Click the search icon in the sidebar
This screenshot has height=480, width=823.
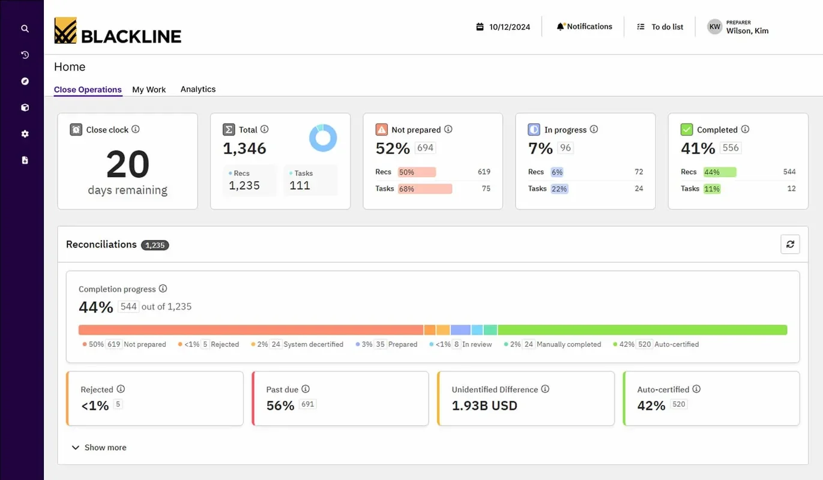click(25, 28)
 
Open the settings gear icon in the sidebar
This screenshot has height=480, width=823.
click(25, 134)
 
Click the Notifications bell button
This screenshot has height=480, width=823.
click(584, 26)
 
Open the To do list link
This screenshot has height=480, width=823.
click(660, 27)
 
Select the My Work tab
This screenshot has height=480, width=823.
click(149, 89)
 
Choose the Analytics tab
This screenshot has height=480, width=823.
click(198, 89)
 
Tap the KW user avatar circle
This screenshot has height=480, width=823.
click(714, 26)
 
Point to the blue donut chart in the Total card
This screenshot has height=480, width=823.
click(323, 138)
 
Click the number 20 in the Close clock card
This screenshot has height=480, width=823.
click(127, 164)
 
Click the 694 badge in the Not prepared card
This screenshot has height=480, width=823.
click(425, 148)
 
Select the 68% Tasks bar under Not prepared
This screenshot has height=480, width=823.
click(424, 188)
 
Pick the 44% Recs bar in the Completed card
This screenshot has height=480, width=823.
click(720, 172)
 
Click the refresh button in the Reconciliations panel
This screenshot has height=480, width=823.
click(790, 244)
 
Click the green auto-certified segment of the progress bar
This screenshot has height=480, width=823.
click(642, 330)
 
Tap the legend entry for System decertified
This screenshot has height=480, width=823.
click(297, 344)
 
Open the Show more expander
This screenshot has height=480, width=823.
click(99, 448)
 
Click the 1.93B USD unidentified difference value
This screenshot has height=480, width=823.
click(484, 406)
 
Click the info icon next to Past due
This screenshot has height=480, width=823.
click(306, 389)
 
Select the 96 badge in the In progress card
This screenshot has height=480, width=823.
click(565, 148)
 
